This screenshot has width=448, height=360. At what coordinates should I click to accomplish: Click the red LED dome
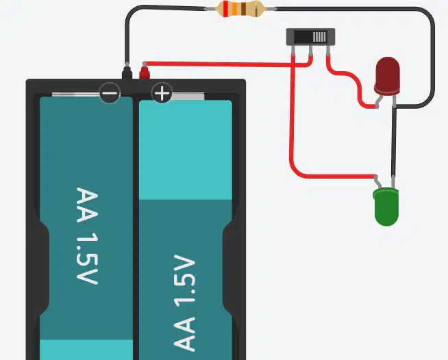(387, 76)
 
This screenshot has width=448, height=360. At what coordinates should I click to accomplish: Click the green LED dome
(386, 207)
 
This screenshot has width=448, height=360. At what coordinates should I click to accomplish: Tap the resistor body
(240, 9)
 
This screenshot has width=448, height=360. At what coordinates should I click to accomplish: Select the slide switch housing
(310, 36)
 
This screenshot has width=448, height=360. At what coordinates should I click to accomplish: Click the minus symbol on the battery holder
(110, 93)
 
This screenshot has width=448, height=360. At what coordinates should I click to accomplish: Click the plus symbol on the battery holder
(162, 93)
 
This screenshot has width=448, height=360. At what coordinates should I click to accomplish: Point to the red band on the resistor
(226, 9)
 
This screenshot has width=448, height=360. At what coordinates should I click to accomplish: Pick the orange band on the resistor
(234, 9)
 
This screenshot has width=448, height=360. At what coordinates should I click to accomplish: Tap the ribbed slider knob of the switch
(319, 37)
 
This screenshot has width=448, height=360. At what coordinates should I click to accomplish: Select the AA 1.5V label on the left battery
(87, 236)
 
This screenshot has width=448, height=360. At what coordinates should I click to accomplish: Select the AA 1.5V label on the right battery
(184, 303)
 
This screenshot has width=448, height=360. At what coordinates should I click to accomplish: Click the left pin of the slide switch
(293, 50)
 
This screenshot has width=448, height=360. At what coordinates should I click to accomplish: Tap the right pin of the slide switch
(328, 50)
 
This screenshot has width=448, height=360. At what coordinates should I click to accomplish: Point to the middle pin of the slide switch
(310, 50)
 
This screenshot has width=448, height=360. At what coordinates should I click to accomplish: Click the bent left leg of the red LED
(379, 101)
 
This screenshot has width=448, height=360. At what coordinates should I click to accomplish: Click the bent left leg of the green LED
(377, 181)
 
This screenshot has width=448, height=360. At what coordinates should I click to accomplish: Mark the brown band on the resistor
(243, 9)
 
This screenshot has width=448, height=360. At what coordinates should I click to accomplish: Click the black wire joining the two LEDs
(394, 141)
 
